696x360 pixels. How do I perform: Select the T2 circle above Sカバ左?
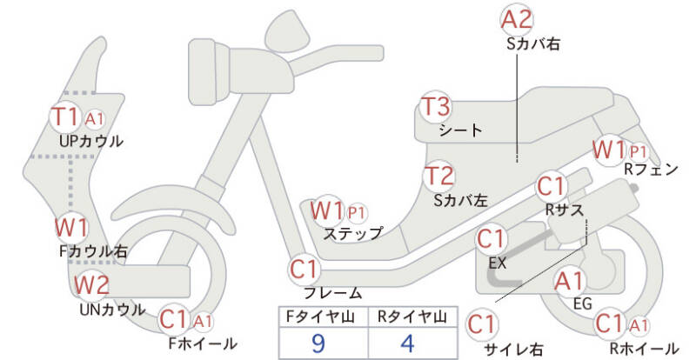(x=439, y=176)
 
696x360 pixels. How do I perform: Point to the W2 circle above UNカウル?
(x=91, y=284)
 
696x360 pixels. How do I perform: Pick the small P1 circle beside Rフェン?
(x=638, y=150)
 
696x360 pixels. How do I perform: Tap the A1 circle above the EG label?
(x=570, y=281)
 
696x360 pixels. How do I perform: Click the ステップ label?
(x=353, y=233)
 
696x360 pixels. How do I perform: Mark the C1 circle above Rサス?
(x=552, y=185)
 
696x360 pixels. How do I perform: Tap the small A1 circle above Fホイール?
(x=202, y=322)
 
